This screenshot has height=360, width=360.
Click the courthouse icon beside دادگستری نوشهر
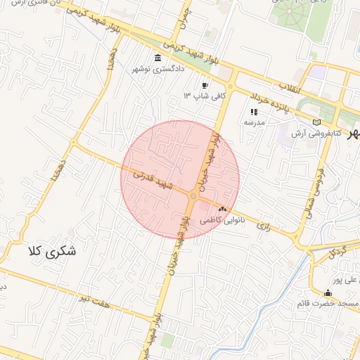click(157, 58)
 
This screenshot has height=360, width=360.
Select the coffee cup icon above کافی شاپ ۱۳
click(205, 84)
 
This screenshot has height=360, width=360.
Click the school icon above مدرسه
click(255, 112)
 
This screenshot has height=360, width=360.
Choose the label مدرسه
click(254, 122)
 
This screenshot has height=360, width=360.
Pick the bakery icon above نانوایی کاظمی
click(223, 209)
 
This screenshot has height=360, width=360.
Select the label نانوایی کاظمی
click(223, 220)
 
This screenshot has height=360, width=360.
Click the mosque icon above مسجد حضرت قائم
click(328, 293)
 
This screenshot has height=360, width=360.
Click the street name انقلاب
click(290, 87)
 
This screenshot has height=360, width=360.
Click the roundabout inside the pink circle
click(193, 196)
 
